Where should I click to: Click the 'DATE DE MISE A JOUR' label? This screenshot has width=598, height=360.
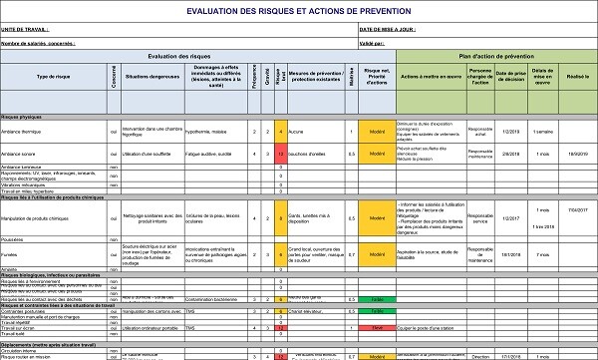click(387, 29)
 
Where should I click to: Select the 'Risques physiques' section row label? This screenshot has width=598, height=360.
click(25, 117)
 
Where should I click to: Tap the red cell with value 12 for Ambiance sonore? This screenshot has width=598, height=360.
click(282, 154)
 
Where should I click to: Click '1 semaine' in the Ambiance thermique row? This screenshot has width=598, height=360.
click(542, 131)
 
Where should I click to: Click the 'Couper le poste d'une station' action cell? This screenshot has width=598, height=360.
click(429, 327)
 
